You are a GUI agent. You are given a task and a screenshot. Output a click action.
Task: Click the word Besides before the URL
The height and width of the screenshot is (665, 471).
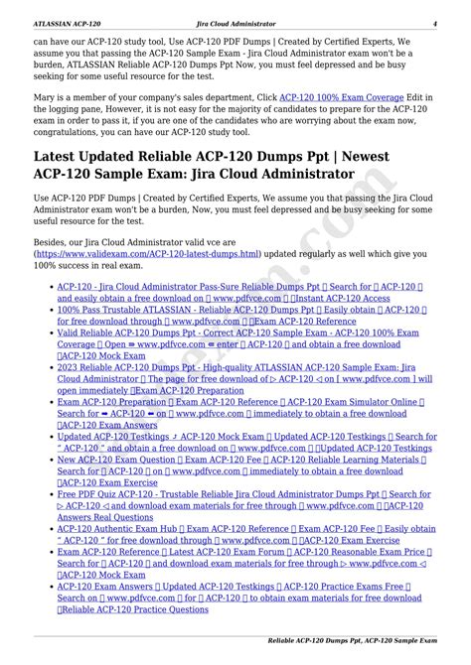click(54, 240)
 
